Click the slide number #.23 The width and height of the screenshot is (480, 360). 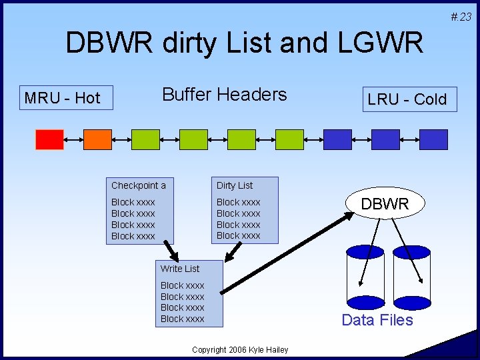460,17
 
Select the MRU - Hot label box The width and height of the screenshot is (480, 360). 62,98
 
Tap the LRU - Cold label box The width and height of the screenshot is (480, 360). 407,99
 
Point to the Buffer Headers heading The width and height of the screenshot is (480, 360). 224,95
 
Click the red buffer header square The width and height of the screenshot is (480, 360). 49,139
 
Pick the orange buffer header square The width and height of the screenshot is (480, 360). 97,139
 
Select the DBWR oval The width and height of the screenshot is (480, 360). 385,205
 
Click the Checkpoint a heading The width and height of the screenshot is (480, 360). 139,185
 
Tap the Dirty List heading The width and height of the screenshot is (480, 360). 235,185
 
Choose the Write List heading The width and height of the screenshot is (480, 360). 180,269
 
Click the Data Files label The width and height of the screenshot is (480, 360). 377,320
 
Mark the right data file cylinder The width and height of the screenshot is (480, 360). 412,277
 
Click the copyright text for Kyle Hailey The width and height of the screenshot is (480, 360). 240,350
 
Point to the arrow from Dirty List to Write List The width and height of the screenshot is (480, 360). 233,251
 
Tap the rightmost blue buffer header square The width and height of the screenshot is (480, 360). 433,139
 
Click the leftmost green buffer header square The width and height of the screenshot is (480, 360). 145,139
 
